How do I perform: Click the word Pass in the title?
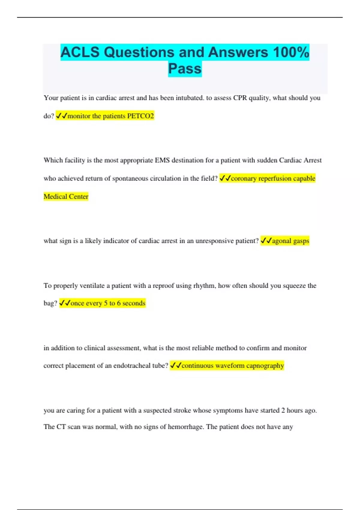[x=185, y=69]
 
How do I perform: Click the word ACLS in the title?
[x=80, y=52]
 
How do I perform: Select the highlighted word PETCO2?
[x=140, y=116]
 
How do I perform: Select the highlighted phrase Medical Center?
[x=66, y=196]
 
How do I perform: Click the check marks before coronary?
[x=225, y=178]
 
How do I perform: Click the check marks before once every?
[x=65, y=303]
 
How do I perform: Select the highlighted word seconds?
[x=134, y=303]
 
